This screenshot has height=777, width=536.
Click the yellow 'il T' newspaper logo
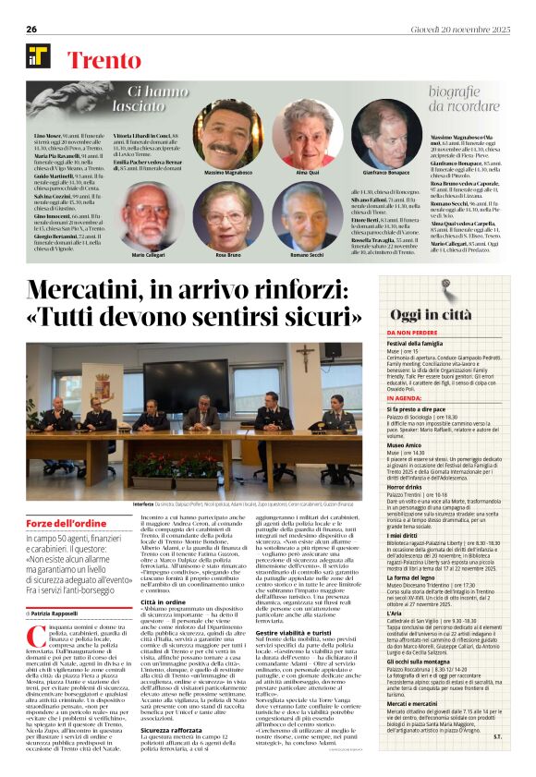(38, 56)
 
